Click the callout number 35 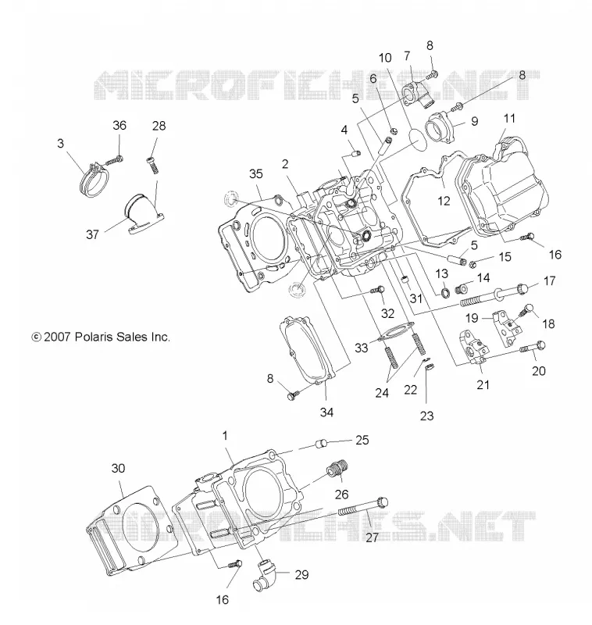[256, 173]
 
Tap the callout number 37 [92, 234]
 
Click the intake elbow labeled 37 [143, 212]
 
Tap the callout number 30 [118, 468]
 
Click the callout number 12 [444, 201]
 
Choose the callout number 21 [483, 384]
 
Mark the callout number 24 [382, 393]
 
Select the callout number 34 [326, 412]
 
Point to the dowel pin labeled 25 [322, 443]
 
